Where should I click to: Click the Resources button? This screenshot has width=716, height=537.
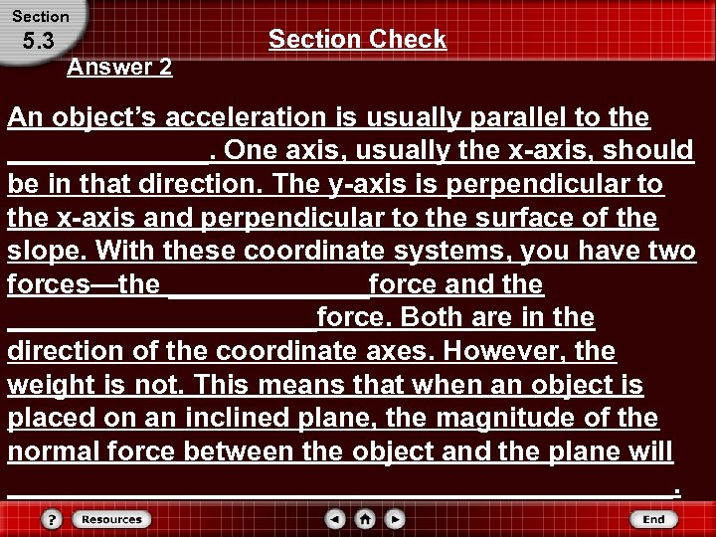(x=110, y=519)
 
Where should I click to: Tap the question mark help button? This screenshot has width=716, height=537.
(x=52, y=519)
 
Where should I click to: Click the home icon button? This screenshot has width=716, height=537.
(x=365, y=519)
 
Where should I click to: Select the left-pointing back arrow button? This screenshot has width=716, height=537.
(x=336, y=519)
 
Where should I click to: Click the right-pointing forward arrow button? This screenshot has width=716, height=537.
(x=395, y=519)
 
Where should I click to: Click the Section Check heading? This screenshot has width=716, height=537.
(x=357, y=39)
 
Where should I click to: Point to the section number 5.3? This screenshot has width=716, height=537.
(x=36, y=43)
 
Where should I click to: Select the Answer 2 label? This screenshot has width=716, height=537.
(x=118, y=68)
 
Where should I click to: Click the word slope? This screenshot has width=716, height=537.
(x=40, y=252)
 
